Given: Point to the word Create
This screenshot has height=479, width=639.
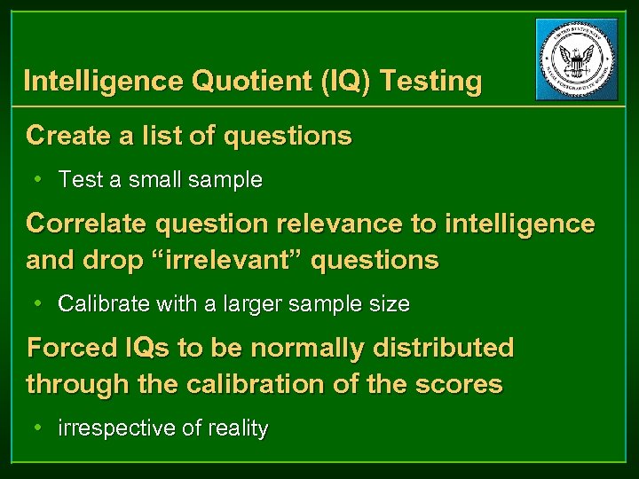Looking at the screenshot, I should pos(67,136).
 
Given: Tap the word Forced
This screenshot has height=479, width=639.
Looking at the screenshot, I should pos(68,347).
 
